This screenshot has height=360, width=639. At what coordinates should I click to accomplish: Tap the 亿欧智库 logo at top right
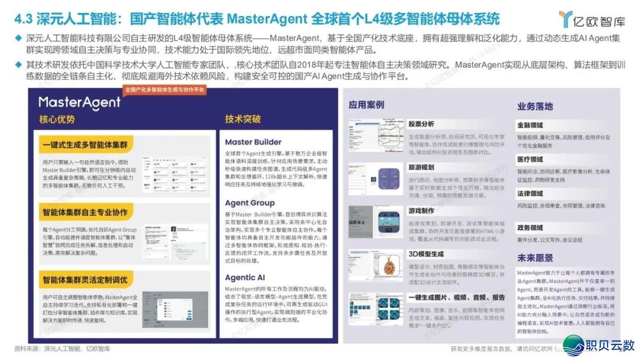pyautogui.click(x=592, y=20)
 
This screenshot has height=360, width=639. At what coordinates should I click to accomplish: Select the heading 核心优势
pyautogui.click(x=57, y=120)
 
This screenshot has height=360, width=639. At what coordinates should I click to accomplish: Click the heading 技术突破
pyautogui.click(x=243, y=119)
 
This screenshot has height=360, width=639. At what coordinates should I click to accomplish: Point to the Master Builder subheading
pyautogui.click(x=253, y=142)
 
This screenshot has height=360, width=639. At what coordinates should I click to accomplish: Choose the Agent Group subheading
pyautogui.click(x=250, y=203)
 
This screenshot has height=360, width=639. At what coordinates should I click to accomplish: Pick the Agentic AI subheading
pyautogui.click(x=245, y=277)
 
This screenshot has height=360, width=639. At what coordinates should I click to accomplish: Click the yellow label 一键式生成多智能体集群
pyautogui.click(x=85, y=145)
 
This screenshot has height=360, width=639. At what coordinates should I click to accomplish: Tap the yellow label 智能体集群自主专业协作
pyautogui.click(x=85, y=212)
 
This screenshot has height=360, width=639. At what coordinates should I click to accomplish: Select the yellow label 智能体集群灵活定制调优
pyautogui.click(x=85, y=279)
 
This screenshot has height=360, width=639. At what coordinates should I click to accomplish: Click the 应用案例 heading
pyautogui.click(x=366, y=105)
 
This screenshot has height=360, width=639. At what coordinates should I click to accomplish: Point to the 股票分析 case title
pyautogui.click(x=421, y=124)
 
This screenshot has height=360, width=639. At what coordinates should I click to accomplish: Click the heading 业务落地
pyautogui.click(x=535, y=107)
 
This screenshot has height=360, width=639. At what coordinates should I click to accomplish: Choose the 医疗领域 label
pyautogui.click(x=530, y=160)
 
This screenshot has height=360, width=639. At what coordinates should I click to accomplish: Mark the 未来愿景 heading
pyautogui.click(x=535, y=258)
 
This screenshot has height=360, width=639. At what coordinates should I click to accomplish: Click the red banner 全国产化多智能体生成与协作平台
pyautogui.click(x=164, y=90)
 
